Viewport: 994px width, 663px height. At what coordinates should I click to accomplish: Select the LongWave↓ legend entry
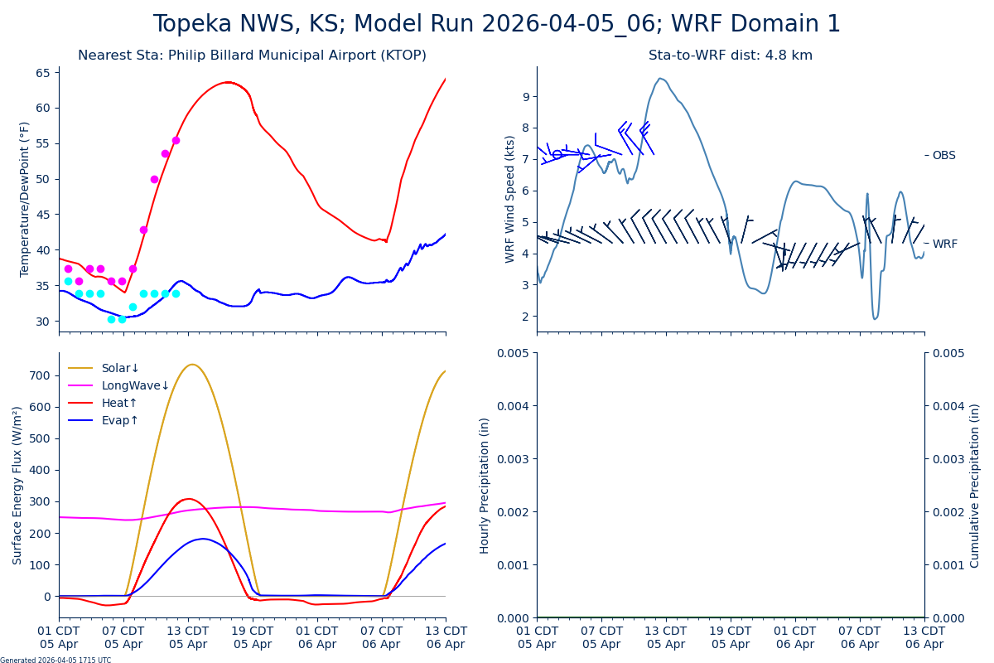pyautogui.click(x=135, y=385)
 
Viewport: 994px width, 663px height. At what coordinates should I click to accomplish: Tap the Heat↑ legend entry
pyautogui.click(x=119, y=403)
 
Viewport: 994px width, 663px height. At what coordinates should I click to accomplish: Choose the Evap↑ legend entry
pyautogui.click(x=120, y=420)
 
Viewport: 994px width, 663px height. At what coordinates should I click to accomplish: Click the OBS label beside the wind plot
pyautogui.click(x=943, y=155)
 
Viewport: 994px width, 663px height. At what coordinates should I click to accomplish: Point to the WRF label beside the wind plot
pyautogui.click(x=944, y=244)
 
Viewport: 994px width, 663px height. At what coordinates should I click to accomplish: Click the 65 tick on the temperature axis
pyautogui.click(x=43, y=72)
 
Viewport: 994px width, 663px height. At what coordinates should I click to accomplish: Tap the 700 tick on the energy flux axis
pyautogui.click(x=40, y=375)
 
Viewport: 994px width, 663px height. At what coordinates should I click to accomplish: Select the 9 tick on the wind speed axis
pyautogui.click(x=524, y=97)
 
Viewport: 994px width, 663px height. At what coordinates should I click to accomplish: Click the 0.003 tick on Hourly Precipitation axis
pyautogui.click(x=514, y=458)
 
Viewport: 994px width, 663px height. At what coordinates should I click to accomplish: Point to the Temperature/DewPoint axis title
pyautogui.click(x=25, y=199)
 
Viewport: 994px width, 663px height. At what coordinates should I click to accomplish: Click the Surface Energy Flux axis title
pyautogui.click(x=17, y=485)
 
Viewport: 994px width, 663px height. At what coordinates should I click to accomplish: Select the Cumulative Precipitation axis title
pyautogui.click(x=975, y=485)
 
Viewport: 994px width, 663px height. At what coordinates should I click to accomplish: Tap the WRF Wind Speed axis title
pyautogui.click(x=510, y=199)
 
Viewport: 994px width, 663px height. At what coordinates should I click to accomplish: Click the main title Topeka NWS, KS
pyautogui.click(x=496, y=24)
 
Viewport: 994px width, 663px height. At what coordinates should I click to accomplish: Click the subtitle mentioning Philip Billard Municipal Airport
pyautogui.click(x=252, y=56)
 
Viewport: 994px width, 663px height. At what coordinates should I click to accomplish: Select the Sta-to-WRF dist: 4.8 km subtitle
pyautogui.click(x=730, y=56)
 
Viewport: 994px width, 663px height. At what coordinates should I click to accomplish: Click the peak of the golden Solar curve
pyautogui.click(x=191, y=364)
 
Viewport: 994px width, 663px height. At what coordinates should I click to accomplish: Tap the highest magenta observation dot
pyautogui.click(x=176, y=140)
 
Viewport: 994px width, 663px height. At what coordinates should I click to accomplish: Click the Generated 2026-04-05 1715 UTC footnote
pyautogui.click(x=55, y=660)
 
